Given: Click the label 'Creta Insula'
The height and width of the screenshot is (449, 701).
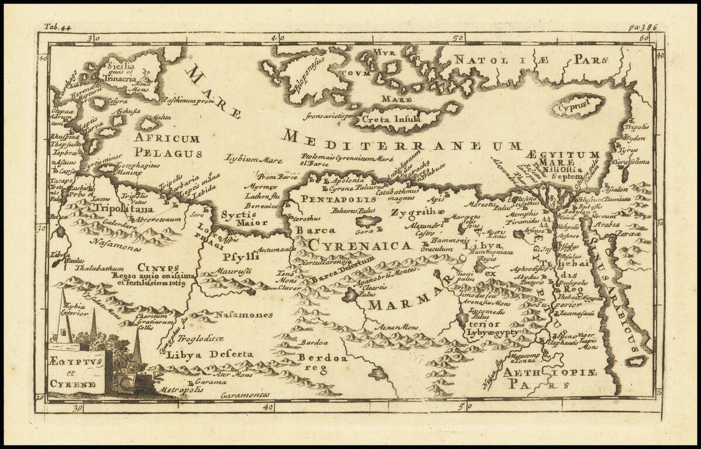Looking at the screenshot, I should (x=391, y=120).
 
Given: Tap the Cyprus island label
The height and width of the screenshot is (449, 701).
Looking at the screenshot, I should (x=573, y=108).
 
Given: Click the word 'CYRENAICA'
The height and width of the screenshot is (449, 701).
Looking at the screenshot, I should (x=360, y=246).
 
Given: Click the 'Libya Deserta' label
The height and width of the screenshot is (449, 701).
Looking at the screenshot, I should (x=210, y=354).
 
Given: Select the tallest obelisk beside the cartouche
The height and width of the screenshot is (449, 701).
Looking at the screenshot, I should (x=64, y=319).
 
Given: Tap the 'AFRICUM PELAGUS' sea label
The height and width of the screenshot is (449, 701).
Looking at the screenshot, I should (x=167, y=146).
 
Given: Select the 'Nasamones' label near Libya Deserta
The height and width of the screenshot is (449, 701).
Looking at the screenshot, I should (x=244, y=315).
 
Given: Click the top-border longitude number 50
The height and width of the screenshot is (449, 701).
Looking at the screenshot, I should (x=458, y=38).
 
